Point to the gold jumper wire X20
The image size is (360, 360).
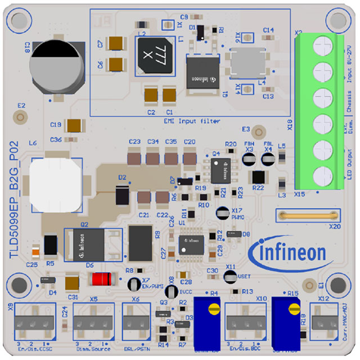coord(308,214)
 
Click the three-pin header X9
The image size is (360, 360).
coord(34,321)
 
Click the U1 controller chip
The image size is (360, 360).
coord(190,245)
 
